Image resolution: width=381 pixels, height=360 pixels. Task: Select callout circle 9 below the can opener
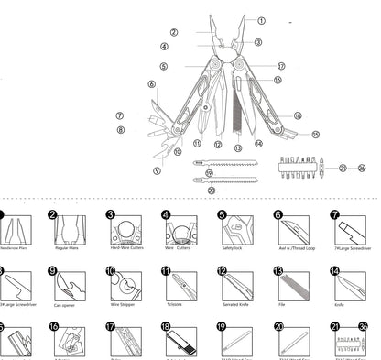point(157,170)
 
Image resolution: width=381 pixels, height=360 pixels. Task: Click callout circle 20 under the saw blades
point(212,190)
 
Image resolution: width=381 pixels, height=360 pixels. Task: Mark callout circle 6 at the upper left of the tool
point(152,84)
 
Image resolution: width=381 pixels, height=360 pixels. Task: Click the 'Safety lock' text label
point(234,246)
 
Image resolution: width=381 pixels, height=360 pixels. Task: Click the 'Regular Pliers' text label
point(68,246)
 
